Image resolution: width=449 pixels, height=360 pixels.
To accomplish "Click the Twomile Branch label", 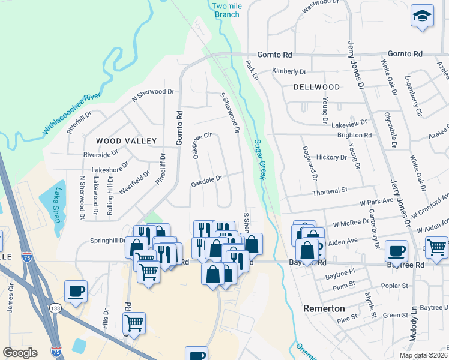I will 226,10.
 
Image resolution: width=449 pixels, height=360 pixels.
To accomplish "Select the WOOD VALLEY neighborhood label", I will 126,141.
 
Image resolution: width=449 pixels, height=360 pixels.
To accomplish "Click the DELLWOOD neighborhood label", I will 316,87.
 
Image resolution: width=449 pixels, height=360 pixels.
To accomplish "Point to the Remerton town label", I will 324,308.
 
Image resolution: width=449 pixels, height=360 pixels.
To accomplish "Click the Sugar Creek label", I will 259,159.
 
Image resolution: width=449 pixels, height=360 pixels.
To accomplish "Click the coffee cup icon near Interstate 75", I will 76,292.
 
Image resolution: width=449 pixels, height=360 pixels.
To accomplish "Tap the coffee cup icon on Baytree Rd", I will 396,251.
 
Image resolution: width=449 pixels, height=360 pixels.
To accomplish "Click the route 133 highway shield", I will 55,308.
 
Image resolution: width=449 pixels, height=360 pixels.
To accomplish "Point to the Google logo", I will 20,353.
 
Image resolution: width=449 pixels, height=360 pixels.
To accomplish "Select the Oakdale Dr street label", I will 207,178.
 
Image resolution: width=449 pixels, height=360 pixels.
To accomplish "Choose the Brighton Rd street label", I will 355,135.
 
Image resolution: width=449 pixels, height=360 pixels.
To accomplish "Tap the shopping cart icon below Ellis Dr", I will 134,323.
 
